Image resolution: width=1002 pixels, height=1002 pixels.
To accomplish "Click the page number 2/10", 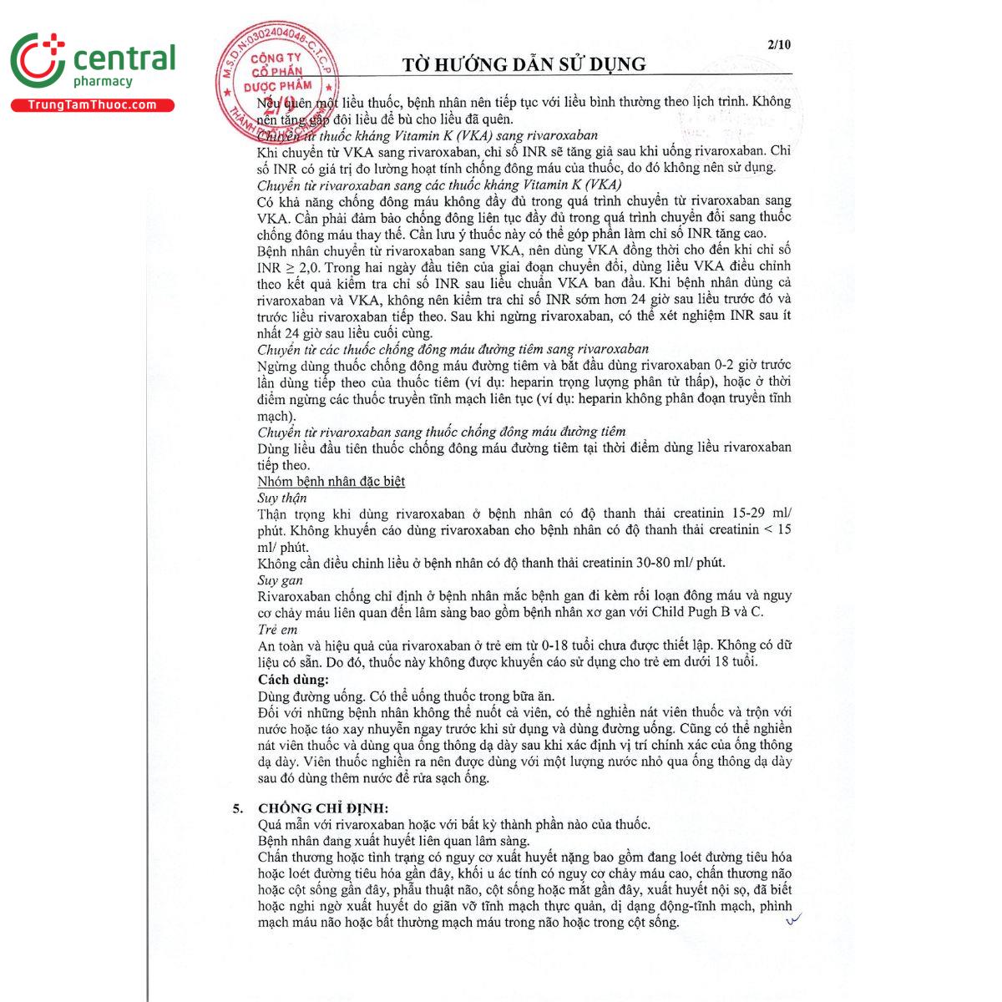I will pos(778,45).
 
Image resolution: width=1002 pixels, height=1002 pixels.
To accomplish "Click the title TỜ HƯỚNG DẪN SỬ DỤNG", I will pos(524,64).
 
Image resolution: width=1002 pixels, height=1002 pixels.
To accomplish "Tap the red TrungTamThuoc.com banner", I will pos(92,105).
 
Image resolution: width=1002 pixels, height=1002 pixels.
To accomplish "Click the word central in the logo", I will pos(124,58).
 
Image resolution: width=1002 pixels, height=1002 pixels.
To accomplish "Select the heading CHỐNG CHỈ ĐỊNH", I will pos(323,807).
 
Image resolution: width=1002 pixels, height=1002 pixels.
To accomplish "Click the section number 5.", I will pos(238,807).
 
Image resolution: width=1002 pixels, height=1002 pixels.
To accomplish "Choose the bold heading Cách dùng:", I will pos(293,680).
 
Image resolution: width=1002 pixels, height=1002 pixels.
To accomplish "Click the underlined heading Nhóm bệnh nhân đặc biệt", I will pos(331,482).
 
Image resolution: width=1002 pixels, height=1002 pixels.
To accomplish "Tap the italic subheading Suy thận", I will pos(281,498).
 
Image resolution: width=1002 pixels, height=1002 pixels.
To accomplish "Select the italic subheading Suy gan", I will pos(280,579).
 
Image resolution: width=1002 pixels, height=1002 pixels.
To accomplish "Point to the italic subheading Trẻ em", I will pos(278,630).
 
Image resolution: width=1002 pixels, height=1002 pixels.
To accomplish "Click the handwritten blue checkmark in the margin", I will pos(792,919).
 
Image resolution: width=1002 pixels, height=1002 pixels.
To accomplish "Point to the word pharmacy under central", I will pos(103,82).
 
